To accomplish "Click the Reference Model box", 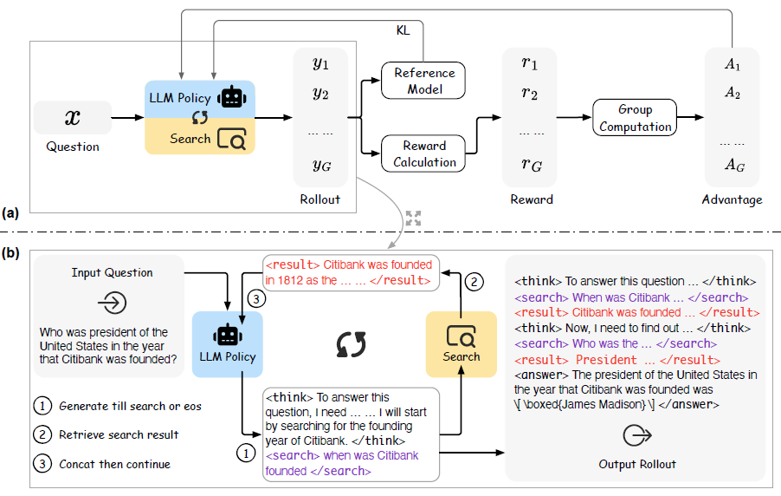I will [424, 82].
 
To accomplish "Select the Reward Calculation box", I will [424, 153].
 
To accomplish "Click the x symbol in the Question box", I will [73, 118].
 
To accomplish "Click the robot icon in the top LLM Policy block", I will [231, 97].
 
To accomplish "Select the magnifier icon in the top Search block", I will [231, 139].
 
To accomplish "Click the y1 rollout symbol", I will [320, 64].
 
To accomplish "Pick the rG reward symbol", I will [532, 164].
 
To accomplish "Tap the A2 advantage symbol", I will [733, 93].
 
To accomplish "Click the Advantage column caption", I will [733, 199].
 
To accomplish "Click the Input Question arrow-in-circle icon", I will [112, 303].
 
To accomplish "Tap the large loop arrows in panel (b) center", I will [351, 343].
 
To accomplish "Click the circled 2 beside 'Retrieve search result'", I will [43, 435].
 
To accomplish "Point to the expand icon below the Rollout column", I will [413, 219].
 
